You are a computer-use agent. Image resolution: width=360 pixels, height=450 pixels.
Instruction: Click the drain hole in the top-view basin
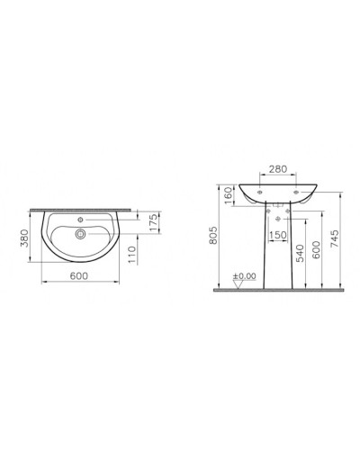coord(82,232)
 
